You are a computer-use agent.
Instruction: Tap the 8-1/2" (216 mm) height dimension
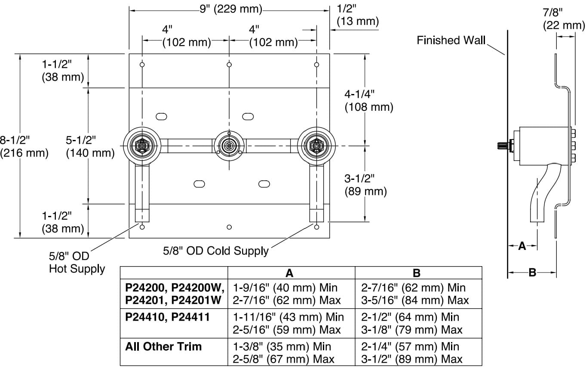click(x=24, y=146)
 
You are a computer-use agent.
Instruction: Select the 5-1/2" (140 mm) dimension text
click(x=90, y=146)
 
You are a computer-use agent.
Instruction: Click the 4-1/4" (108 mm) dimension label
click(x=369, y=101)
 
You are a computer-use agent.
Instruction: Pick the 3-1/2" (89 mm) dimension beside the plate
click(x=365, y=185)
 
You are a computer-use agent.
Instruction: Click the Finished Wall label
click(x=451, y=40)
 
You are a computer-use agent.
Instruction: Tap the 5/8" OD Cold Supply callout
click(x=215, y=250)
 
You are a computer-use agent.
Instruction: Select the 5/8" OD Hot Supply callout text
click(x=77, y=263)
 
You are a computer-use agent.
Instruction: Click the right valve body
click(x=317, y=146)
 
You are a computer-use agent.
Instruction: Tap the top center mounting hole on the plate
click(x=229, y=65)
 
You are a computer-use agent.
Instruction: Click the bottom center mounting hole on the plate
click(x=229, y=227)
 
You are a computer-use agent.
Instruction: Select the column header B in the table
click(x=417, y=273)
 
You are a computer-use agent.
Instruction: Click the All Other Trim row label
click(x=163, y=346)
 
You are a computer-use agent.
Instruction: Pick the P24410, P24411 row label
click(x=167, y=317)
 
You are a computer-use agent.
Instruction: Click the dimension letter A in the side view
click(x=522, y=246)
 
